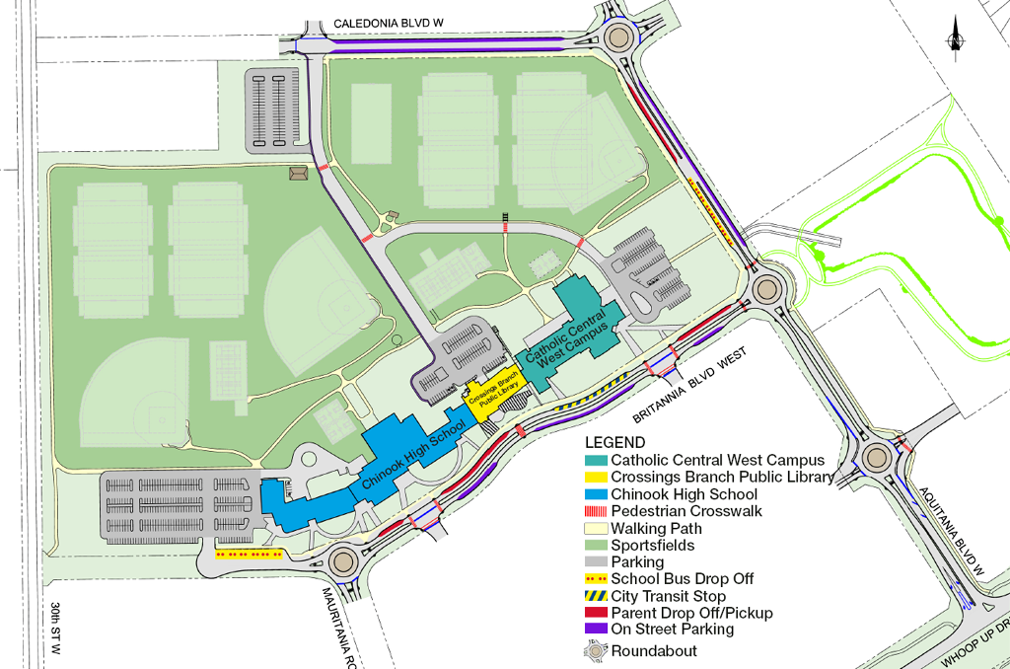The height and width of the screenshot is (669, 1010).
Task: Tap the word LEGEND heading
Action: coord(614,443)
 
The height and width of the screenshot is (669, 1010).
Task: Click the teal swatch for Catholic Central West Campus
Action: coord(596,461)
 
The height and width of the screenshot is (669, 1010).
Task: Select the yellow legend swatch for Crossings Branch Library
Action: coord(596,478)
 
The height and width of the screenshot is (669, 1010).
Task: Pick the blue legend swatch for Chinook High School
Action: coord(596,494)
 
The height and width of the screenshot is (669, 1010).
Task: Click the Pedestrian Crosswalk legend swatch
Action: coord(596,511)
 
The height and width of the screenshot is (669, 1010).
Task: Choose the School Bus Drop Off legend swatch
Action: coord(596,579)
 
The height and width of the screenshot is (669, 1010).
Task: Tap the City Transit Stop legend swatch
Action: coord(596,596)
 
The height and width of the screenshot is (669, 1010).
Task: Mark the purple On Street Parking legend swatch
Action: coord(596,630)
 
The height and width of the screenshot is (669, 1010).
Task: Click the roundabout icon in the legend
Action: coord(596,650)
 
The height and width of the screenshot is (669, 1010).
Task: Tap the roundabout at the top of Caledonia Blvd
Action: coord(619,38)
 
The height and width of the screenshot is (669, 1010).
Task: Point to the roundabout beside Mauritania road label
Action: coord(342,560)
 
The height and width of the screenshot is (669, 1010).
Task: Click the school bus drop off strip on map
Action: coord(250,555)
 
